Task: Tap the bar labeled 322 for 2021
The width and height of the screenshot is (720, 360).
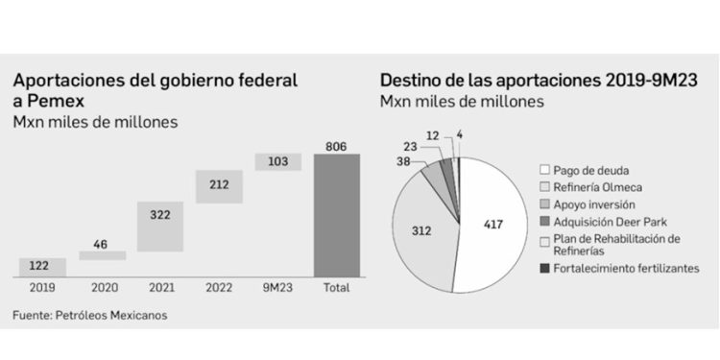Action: [160, 227]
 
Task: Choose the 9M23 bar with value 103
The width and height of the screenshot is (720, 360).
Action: [278, 162]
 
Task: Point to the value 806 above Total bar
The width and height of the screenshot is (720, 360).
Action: [337, 145]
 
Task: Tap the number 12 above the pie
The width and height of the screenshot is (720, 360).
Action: [433, 135]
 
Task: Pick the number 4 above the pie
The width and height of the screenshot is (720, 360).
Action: [460, 135]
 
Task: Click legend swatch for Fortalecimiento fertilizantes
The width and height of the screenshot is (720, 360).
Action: [544, 269]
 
